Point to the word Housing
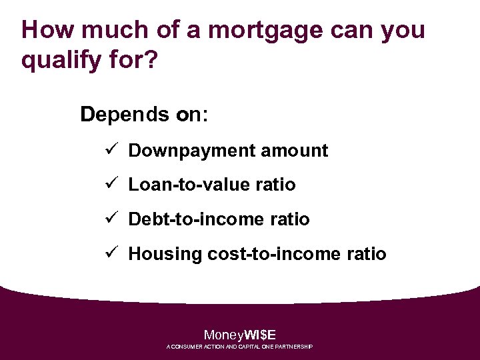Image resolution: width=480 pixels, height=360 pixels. click(165, 254)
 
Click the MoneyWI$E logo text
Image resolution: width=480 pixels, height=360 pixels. click(240, 335)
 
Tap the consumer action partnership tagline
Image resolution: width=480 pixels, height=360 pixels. click(240, 347)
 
